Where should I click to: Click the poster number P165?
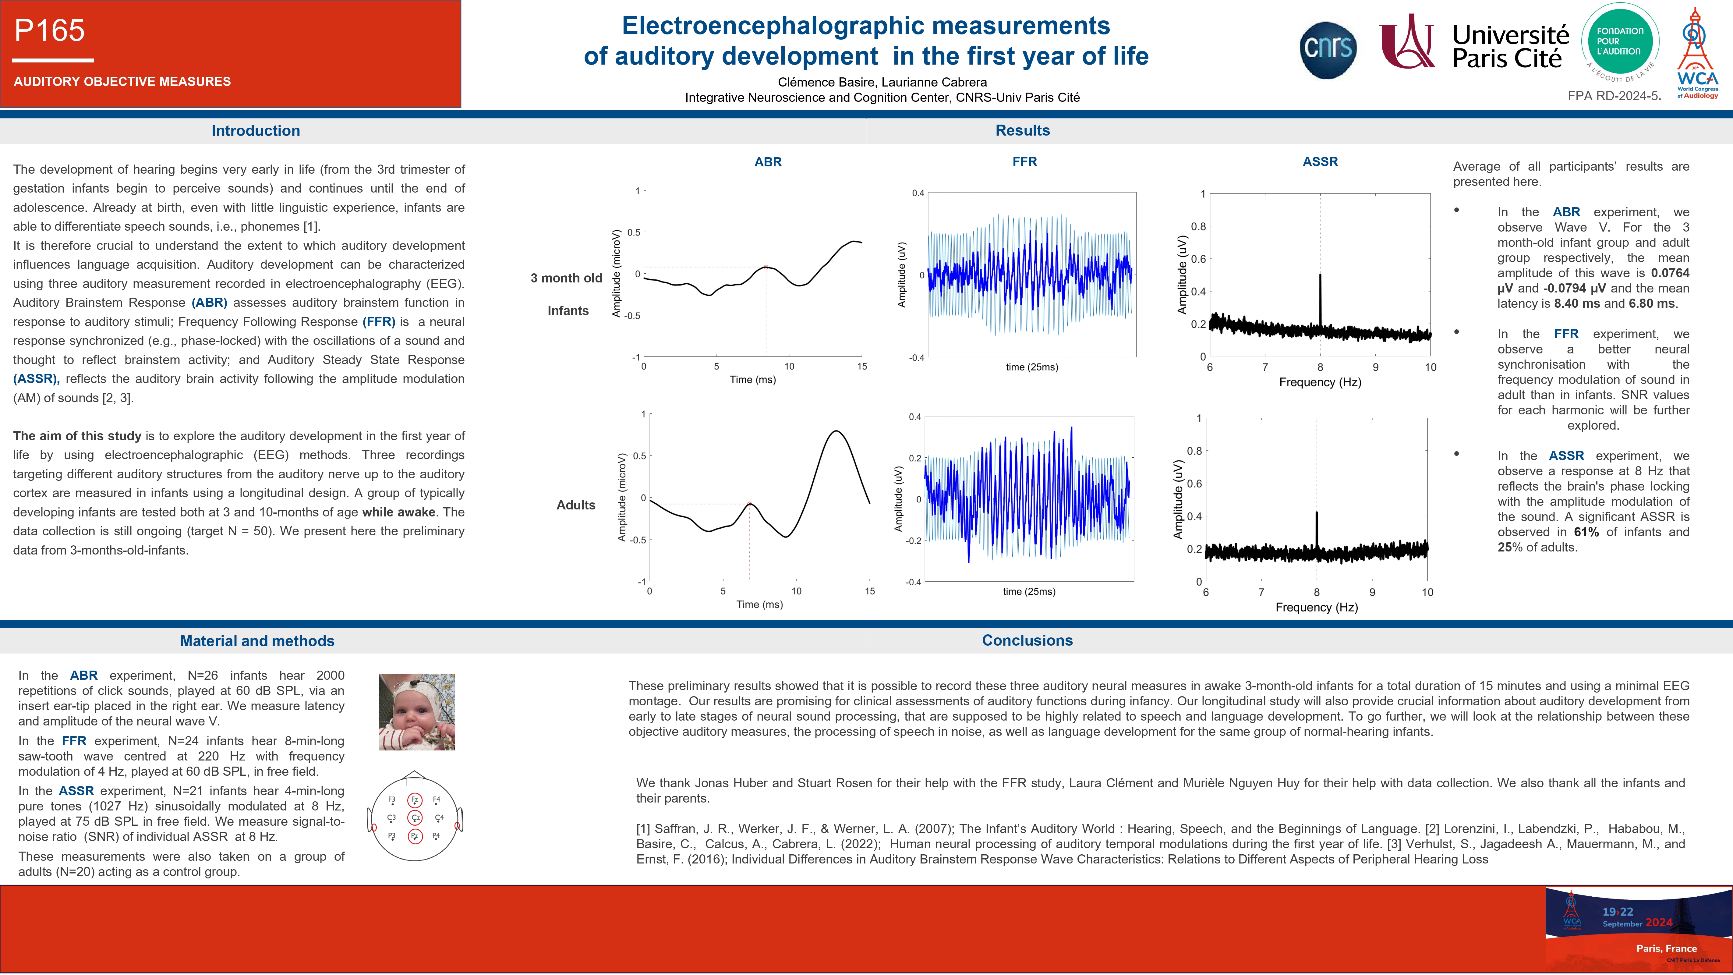point(50,30)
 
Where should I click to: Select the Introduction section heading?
point(256,130)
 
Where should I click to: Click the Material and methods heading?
point(257,640)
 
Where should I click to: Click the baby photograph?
point(417,712)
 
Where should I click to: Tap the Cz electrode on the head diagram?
point(415,817)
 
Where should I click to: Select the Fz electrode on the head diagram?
point(415,800)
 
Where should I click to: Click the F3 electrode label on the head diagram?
point(391,800)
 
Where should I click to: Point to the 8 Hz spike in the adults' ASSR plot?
point(1317,532)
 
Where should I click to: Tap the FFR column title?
point(1024,161)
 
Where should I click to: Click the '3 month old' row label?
point(567,278)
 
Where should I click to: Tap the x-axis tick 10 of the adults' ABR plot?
point(797,591)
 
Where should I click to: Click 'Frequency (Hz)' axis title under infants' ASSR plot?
point(1320,382)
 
